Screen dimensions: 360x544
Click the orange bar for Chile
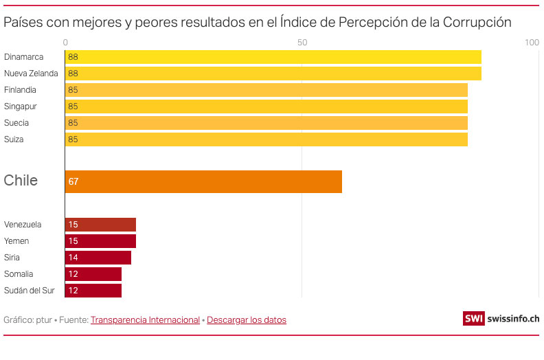point(203,181)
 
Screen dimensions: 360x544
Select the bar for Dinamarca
point(273,57)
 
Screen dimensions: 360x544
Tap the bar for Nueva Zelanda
point(273,74)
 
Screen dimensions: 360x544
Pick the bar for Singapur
point(266,106)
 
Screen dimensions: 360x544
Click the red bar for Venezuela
point(100,225)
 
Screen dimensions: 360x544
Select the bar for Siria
point(98,258)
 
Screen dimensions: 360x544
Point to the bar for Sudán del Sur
point(93,291)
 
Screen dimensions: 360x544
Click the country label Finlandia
point(20,90)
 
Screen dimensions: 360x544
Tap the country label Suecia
point(16,123)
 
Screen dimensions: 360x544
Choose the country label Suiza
point(14,139)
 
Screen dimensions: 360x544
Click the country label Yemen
point(16,241)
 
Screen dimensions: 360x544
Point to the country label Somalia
point(19,274)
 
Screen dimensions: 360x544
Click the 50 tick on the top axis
point(302,43)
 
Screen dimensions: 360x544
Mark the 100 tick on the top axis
point(532,43)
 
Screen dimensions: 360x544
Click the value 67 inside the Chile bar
point(73,182)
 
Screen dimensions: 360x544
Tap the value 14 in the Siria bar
point(73,258)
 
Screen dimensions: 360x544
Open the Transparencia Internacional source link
point(145,320)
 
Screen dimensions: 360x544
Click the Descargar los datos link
point(247,320)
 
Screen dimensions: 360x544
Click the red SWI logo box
point(473,319)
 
